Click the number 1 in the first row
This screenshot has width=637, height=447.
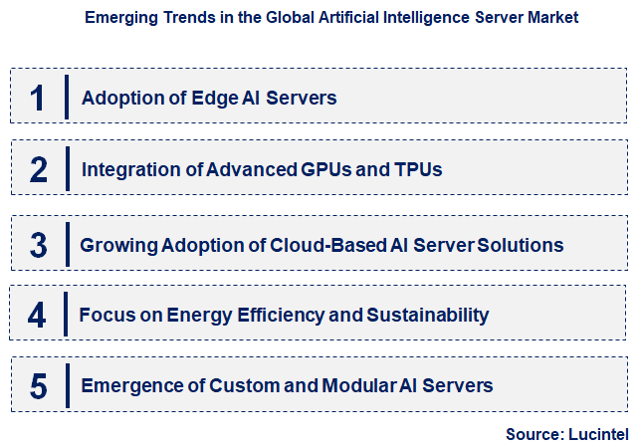(x=38, y=98)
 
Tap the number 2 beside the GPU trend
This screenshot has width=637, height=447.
(x=38, y=170)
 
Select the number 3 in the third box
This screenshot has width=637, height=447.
(x=38, y=245)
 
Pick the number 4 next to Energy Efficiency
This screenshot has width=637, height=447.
(x=38, y=316)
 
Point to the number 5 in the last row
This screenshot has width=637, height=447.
(x=38, y=385)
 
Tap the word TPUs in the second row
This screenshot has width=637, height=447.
(x=418, y=170)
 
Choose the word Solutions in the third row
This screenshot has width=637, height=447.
(x=520, y=245)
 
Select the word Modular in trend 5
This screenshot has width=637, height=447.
(x=352, y=385)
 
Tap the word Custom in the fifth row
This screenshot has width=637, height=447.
(x=248, y=385)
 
